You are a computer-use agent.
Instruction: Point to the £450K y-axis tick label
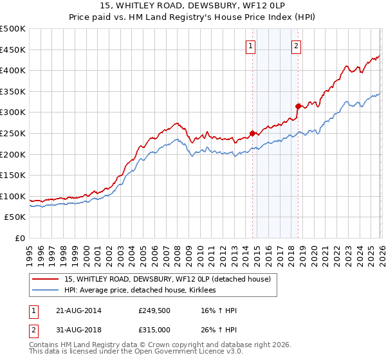[x=13, y=50]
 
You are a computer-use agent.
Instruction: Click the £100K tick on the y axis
[x=13, y=196]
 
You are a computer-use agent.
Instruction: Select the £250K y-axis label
[x=13, y=133]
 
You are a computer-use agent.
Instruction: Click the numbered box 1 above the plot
[x=250, y=46]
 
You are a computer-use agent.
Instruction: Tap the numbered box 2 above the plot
[x=296, y=46]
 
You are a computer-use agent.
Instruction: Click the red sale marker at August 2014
[x=252, y=133]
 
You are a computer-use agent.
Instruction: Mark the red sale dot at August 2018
[x=298, y=106]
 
